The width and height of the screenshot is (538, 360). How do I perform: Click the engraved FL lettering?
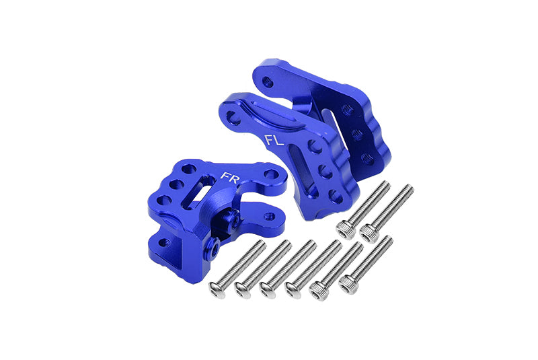[274, 140]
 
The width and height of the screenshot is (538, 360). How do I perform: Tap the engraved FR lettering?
[230, 178]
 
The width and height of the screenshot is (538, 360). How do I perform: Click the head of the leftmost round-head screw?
[217, 290]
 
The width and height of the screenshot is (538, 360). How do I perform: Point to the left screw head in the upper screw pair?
[346, 229]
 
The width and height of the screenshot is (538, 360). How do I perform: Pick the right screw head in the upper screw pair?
[369, 233]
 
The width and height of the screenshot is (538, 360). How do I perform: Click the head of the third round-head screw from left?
[268, 290]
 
